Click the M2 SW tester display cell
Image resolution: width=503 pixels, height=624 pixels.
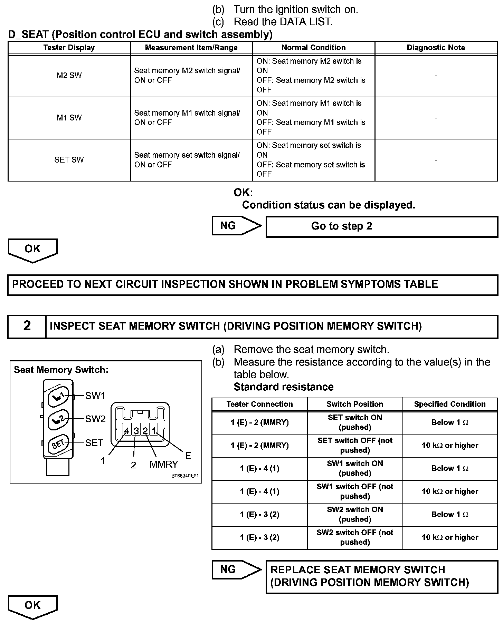coord(69,76)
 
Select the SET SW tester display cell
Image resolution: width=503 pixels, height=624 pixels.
coord(69,160)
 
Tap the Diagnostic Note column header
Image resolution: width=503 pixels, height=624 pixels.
coord(436,48)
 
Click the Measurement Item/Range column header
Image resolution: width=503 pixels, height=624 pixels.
coord(191,48)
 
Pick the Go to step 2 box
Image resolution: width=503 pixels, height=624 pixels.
coord(381,226)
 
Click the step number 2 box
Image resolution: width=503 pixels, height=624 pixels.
coord(27,326)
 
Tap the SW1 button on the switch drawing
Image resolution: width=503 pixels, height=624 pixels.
coord(58,396)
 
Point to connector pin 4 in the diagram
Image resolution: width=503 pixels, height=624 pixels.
coord(127,431)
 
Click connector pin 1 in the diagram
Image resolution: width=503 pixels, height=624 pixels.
coord(154,431)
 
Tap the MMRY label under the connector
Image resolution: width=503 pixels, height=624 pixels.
coord(164,465)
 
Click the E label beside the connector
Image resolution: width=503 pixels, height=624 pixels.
coord(188,456)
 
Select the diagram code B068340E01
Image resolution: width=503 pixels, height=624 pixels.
coord(185,476)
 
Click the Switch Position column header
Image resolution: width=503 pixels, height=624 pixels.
coord(355,404)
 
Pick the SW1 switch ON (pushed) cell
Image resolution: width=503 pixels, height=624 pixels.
coord(355,468)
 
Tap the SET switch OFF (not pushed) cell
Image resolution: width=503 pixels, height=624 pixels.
coord(355,445)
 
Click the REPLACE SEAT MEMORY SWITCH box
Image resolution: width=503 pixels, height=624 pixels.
coord(381,576)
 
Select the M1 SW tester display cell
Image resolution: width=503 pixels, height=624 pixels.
coord(69,118)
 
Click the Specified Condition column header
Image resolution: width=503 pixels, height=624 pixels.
coord(450,404)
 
